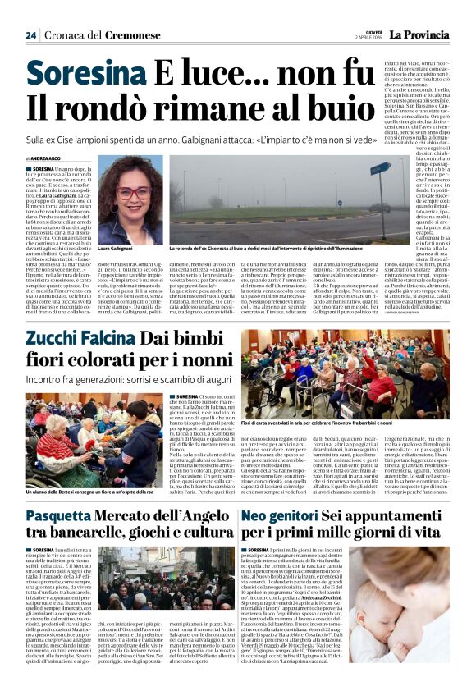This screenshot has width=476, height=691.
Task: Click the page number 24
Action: click(x=30, y=35)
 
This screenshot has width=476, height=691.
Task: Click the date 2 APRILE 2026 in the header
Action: click(x=369, y=38)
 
